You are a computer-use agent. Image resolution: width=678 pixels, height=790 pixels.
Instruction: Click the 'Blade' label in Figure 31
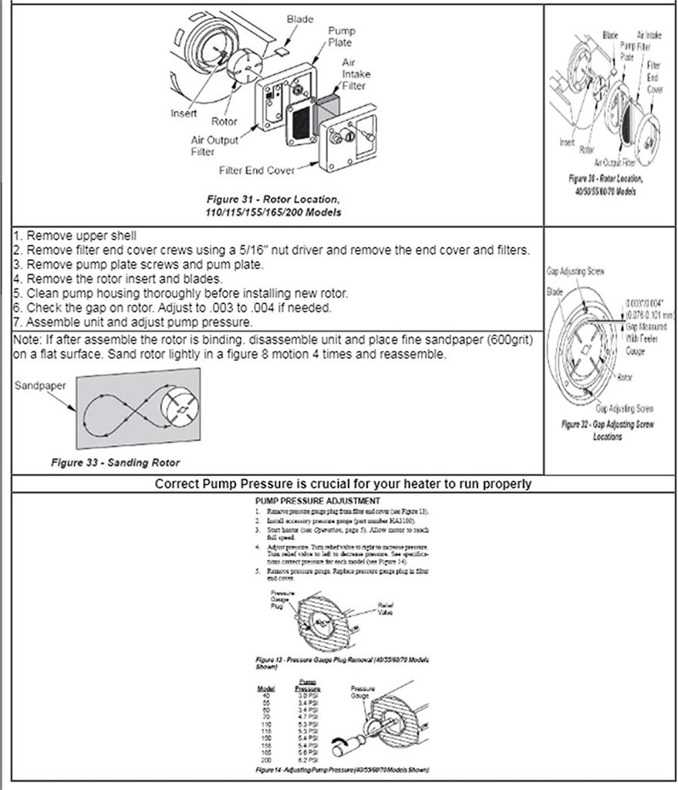click(x=299, y=19)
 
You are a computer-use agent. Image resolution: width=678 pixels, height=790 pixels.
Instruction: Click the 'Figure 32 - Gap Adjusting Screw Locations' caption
click(x=607, y=430)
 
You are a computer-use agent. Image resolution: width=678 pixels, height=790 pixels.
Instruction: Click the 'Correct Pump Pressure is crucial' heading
click(x=342, y=484)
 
